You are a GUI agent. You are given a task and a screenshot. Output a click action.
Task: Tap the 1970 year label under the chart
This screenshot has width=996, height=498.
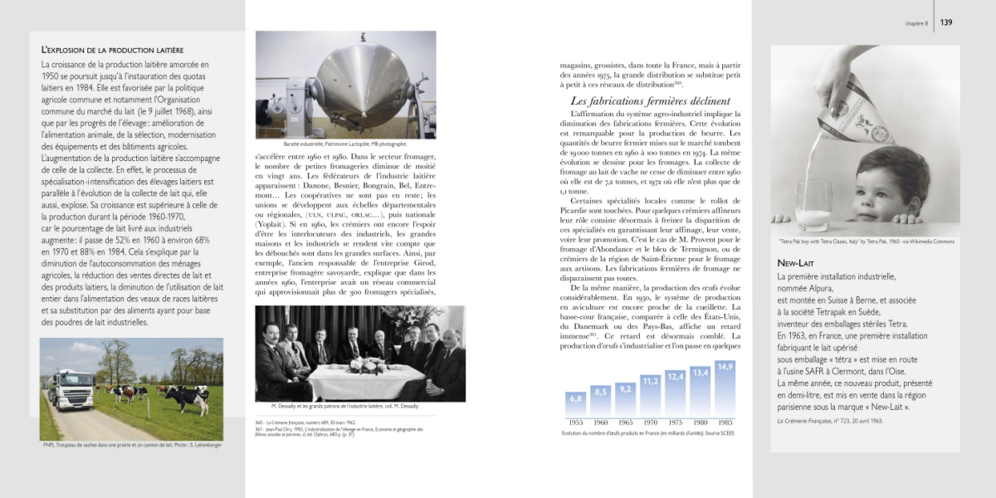(x=650, y=422)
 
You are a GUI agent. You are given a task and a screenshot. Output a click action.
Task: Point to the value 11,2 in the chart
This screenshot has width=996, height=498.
(x=650, y=381)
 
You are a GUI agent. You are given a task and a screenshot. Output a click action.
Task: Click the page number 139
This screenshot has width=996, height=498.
(x=946, y=22)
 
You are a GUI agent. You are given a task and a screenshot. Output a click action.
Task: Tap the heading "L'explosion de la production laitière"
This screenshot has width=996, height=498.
(x=112, y=51)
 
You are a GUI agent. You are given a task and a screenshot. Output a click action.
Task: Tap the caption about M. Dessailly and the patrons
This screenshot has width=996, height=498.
(x=344, y=406)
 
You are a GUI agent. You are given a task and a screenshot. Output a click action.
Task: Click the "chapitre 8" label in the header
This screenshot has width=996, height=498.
(x=916, y=23)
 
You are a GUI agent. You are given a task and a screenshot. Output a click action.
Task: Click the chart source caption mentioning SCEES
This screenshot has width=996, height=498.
(x=650, y=433)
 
